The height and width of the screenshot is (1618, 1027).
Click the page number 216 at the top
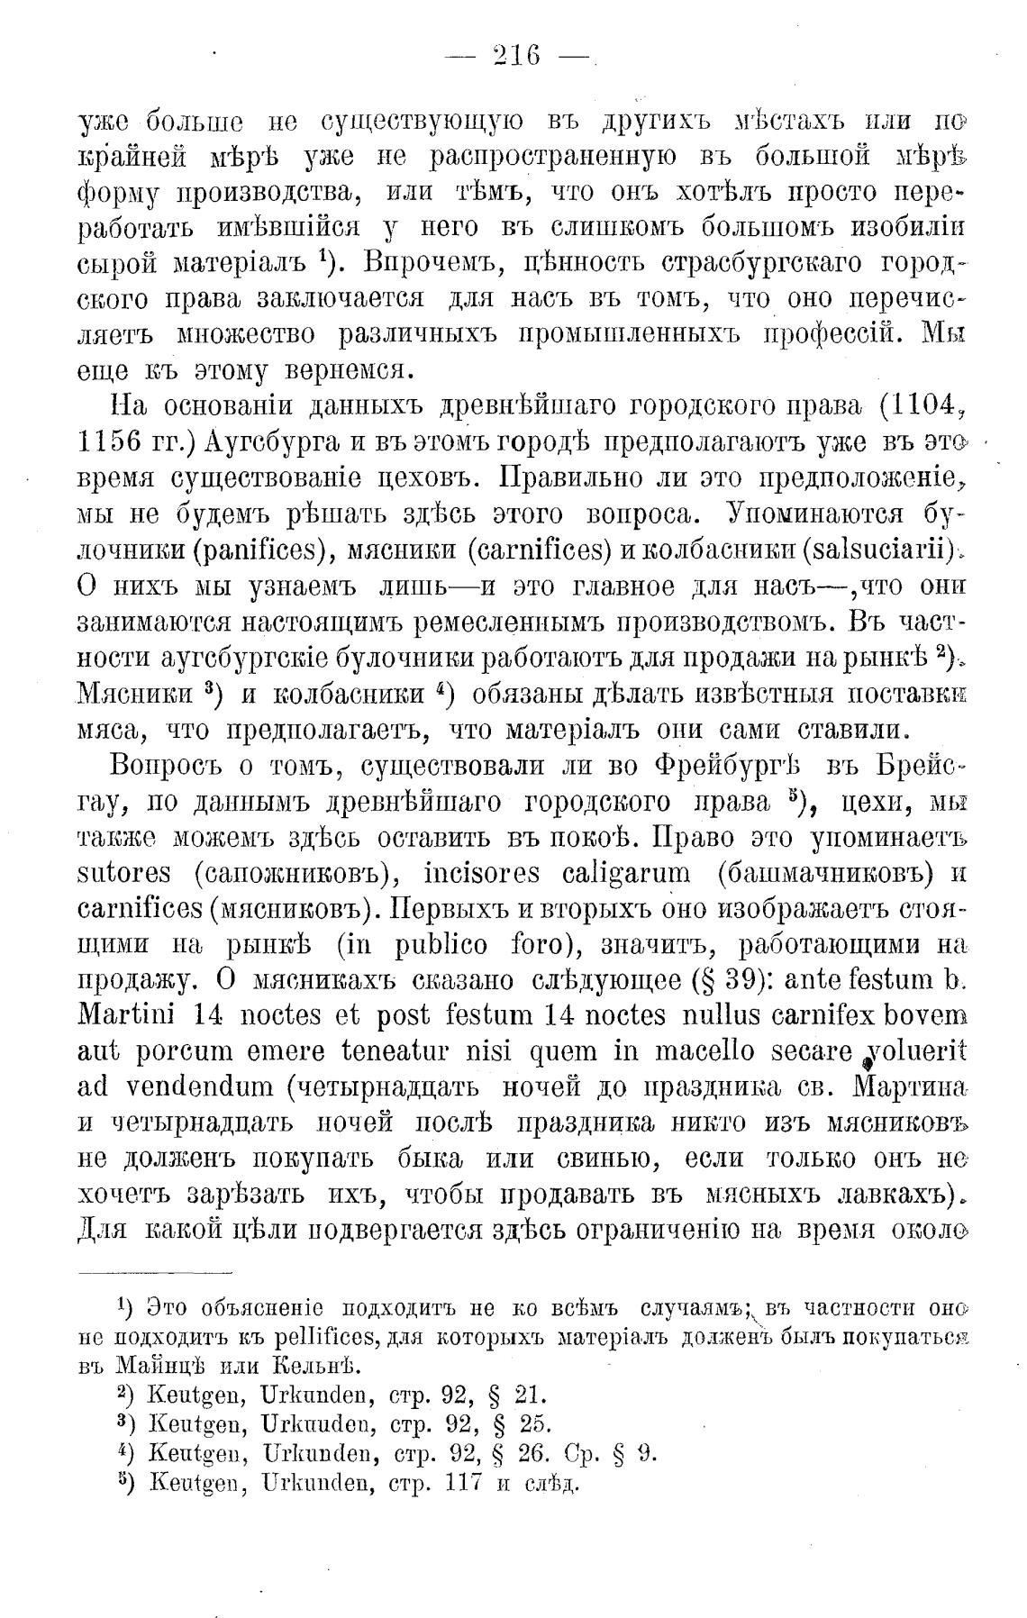pos(516,56)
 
